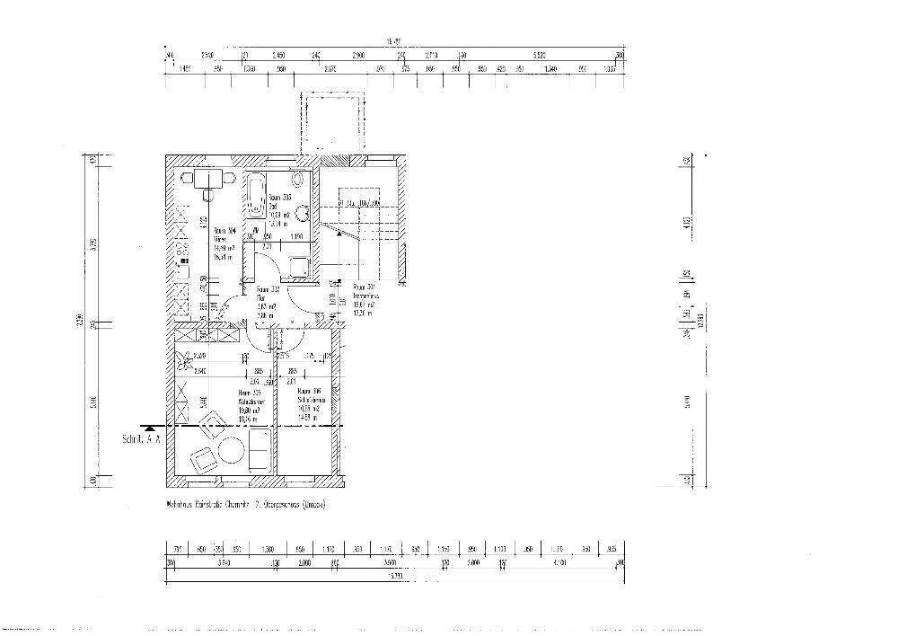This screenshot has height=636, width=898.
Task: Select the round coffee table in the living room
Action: (231, 448)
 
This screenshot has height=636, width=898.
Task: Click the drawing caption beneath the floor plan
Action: (245, 505)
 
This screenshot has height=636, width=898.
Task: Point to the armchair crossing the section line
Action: (213, 424)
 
